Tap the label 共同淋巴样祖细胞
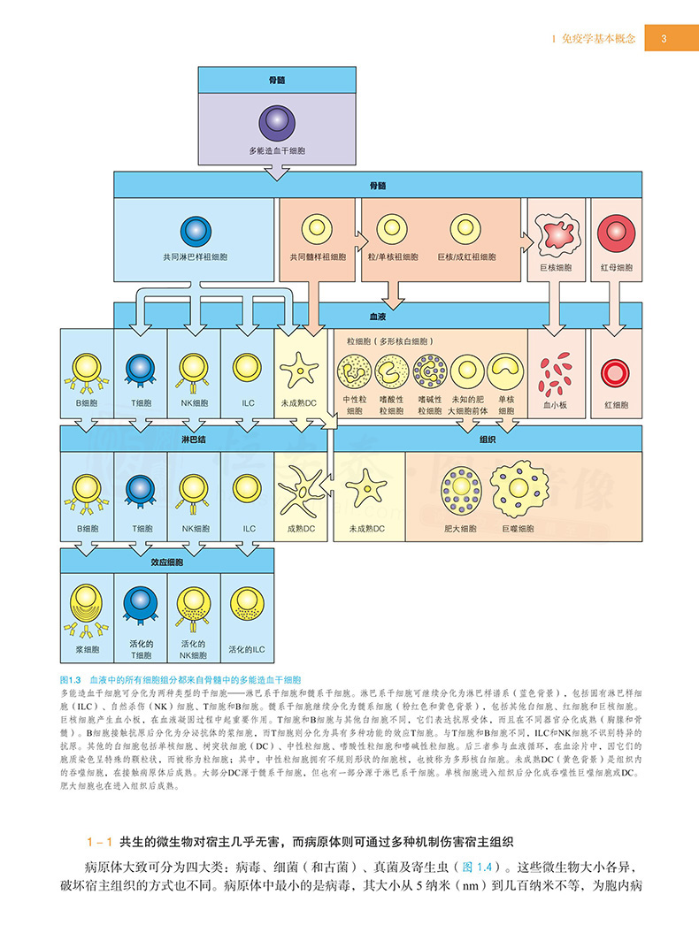[x=195, y=257]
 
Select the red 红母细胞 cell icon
[x=616, y=232]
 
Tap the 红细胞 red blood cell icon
[x=616, y=372]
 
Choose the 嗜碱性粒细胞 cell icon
[x=429, y=371]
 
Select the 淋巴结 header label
[x=194, y=439]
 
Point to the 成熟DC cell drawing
[x=300, y=489]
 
